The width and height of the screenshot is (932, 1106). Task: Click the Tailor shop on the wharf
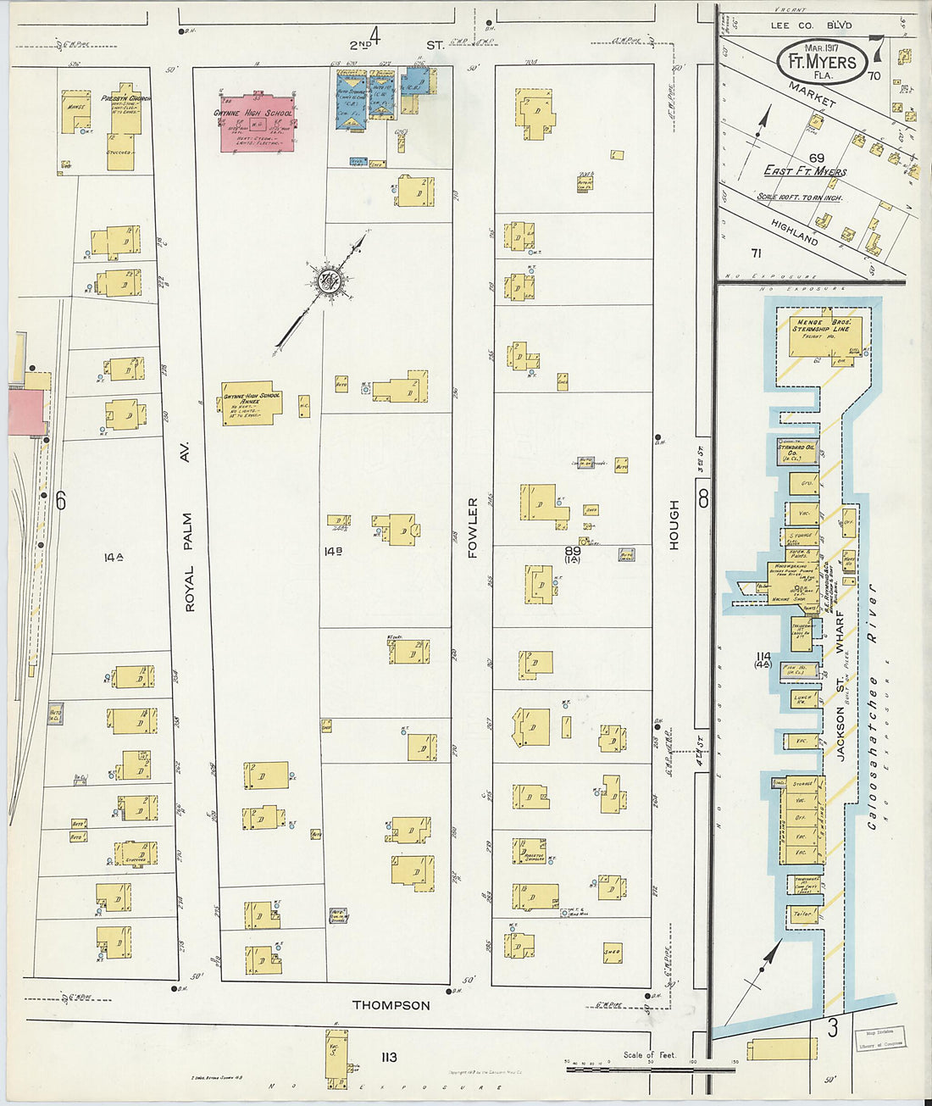[802, 914]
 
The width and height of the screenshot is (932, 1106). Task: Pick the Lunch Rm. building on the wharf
[802, 699]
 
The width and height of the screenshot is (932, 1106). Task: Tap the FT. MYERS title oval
[822, 61]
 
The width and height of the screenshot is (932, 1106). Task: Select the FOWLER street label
[472, 527]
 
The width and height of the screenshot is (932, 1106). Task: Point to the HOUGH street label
[674, 525]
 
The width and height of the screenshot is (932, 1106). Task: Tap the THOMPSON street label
[391, 1005]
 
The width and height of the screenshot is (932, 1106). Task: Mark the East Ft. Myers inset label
[804, 171]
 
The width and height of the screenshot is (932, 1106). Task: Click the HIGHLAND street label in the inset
[794, 233]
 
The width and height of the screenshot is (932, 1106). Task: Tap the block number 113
[389, 1057]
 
